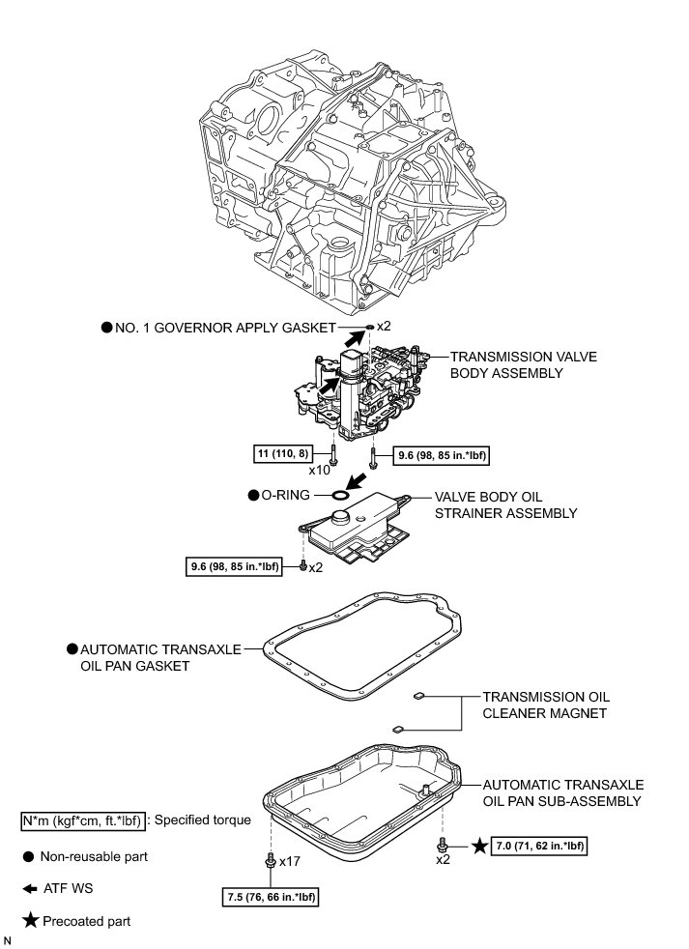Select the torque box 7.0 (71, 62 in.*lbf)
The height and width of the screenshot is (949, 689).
tap(538, 847)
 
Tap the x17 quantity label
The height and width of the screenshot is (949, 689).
tap(286, 860)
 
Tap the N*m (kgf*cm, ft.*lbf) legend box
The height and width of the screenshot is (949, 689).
tap(83, 820)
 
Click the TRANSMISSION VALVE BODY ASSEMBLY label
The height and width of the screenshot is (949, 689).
tap(523, 364)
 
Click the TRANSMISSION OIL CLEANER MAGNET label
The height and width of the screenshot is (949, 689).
tap(545, 705)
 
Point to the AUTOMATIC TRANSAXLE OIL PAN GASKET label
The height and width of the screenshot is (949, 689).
tap(160, 657)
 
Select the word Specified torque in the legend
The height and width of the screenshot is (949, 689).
tap(202, 820)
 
